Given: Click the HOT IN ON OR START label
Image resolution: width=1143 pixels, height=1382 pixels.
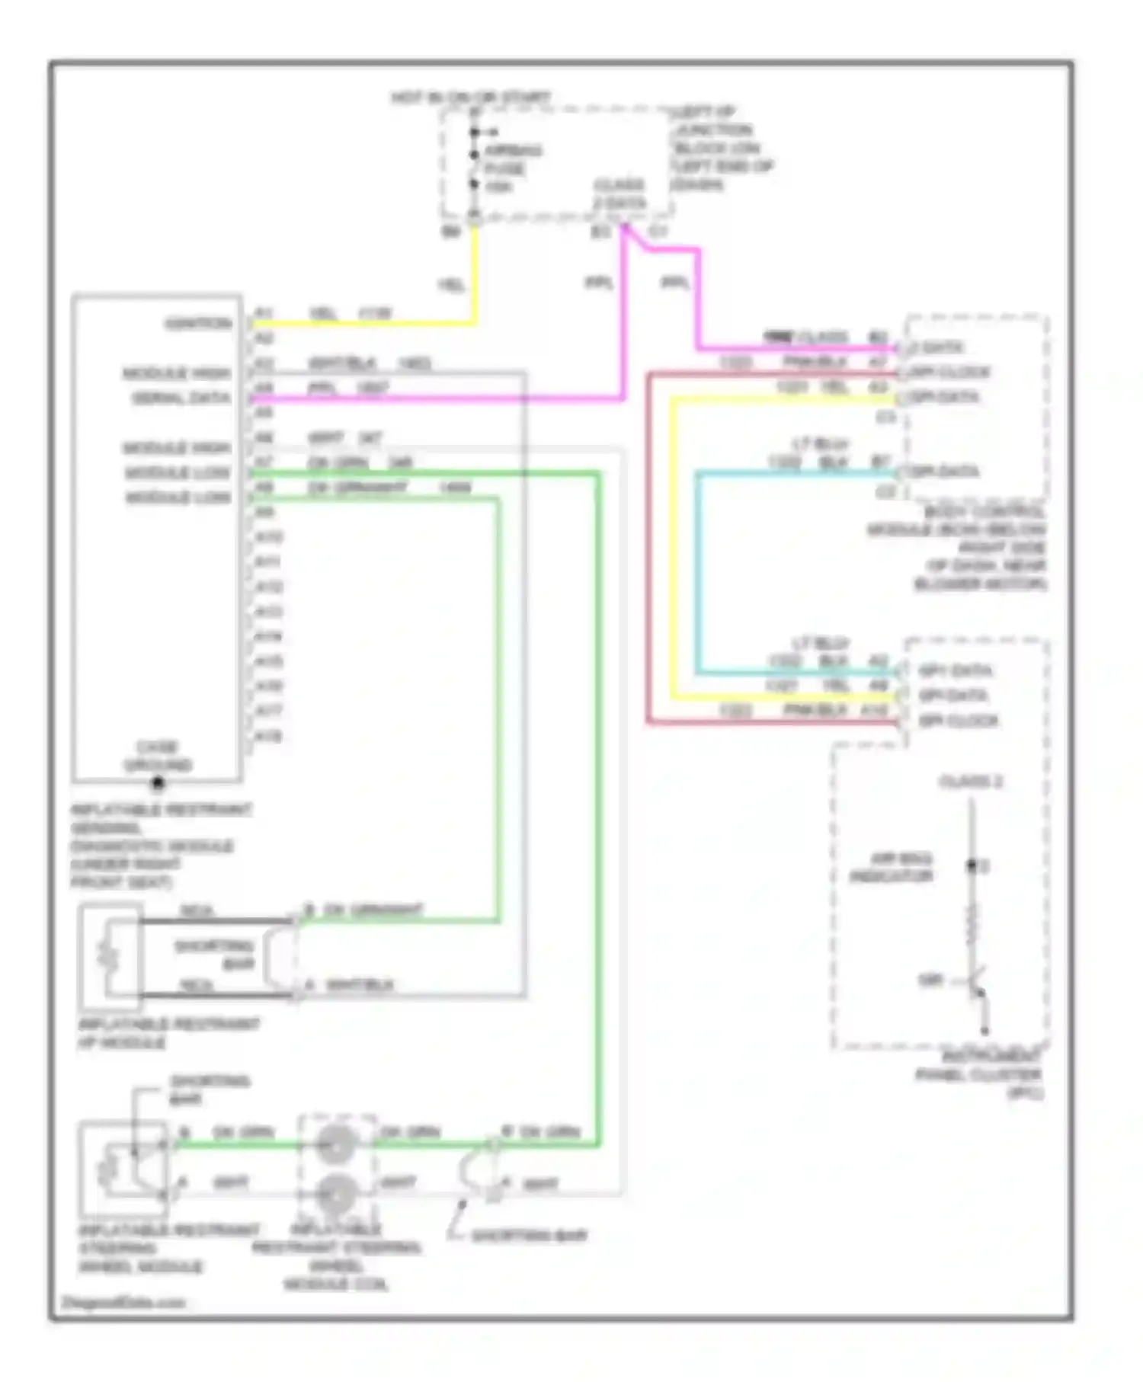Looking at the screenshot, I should click(x=470, y=98).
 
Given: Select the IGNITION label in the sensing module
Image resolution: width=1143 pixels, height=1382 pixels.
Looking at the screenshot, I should click(x=198, y=324).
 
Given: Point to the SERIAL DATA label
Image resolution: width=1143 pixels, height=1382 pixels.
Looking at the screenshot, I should click(x=181, y=398).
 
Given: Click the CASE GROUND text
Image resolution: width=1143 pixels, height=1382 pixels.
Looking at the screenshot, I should click(x=158, y=756).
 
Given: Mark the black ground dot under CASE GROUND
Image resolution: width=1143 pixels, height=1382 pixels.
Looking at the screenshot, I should click(x=158, y=782).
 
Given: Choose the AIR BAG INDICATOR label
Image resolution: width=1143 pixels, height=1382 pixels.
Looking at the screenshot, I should click(x=892, y=868).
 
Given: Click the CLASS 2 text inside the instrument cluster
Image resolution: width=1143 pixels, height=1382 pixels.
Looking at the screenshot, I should click(x=971, y=782).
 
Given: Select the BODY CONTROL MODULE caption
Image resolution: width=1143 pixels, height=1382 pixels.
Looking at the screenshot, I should click(x=960, y=547).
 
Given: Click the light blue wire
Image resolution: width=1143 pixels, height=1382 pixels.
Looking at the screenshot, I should click(x=697, y=571).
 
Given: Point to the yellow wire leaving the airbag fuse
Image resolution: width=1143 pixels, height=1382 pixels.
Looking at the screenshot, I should click(x=475, y=274).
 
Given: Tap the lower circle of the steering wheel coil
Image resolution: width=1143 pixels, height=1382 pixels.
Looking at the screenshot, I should click(x=336, y=1193).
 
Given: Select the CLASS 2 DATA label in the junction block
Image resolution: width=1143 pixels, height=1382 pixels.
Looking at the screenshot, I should click(x=620, y=194).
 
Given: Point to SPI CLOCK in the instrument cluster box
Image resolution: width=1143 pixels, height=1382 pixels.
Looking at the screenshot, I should click(x=959, y=721).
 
